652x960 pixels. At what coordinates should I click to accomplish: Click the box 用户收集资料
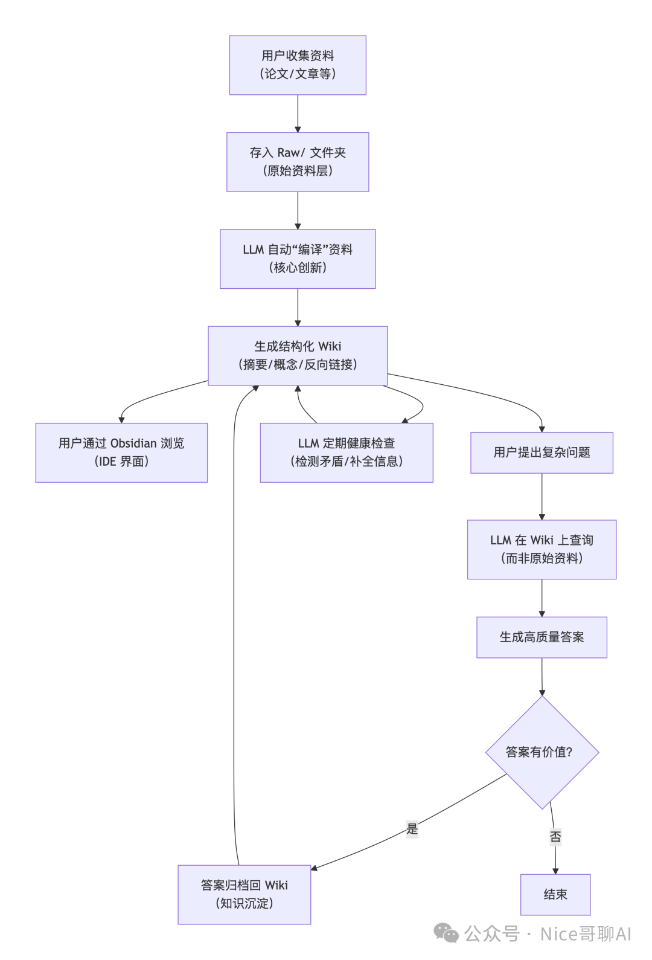click(298, 65)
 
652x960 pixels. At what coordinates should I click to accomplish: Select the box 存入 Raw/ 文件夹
click(298, 162)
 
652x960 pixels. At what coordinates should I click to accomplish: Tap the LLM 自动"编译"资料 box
click(298, 259)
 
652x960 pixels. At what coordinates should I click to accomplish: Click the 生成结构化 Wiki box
click(298, 355)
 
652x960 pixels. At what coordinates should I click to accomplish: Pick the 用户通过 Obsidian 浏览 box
click(121, 453)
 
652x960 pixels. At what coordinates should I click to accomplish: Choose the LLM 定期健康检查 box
click(347, 453)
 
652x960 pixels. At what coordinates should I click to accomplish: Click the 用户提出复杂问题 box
click(542, 453)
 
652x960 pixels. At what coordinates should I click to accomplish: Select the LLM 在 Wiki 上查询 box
click(542, 549)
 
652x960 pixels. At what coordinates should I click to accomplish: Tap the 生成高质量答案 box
click(542, 637)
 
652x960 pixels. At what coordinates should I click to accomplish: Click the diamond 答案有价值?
click(542, 752)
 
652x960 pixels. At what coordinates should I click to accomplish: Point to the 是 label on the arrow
click(412, 829)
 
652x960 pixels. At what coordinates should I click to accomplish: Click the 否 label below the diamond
click(555, 837)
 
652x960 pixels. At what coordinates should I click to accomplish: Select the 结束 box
click(555, 894)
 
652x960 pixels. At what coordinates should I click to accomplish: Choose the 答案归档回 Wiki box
click(244, 894)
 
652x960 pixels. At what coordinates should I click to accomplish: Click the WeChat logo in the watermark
click(447, 933)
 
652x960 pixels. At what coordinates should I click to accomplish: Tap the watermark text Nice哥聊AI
click(585, 934)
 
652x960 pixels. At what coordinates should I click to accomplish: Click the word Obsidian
click(133, 443)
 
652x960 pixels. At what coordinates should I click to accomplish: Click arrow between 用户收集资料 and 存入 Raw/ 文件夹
click(298, 114)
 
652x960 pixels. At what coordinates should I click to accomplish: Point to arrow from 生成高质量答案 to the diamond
click(542, 677)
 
